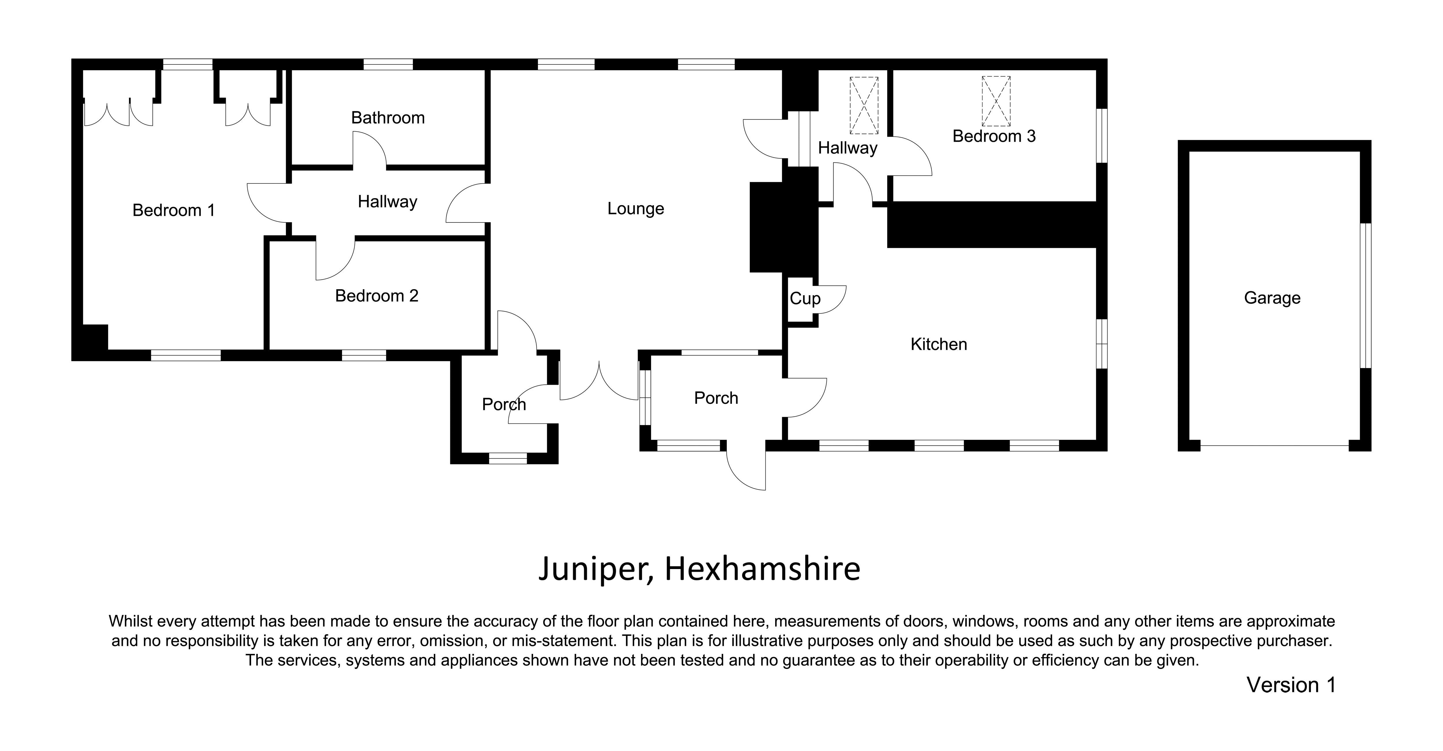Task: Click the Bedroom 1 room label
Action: [174, 210]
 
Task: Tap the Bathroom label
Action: [388, 118]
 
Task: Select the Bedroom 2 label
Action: [376, 296]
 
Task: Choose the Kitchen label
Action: [939, 344]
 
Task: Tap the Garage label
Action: [1272, 298]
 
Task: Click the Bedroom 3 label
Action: [994, 136]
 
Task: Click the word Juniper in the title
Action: [595, 569]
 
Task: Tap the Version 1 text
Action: [1291, 685]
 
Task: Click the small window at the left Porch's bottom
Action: [508, 458]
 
